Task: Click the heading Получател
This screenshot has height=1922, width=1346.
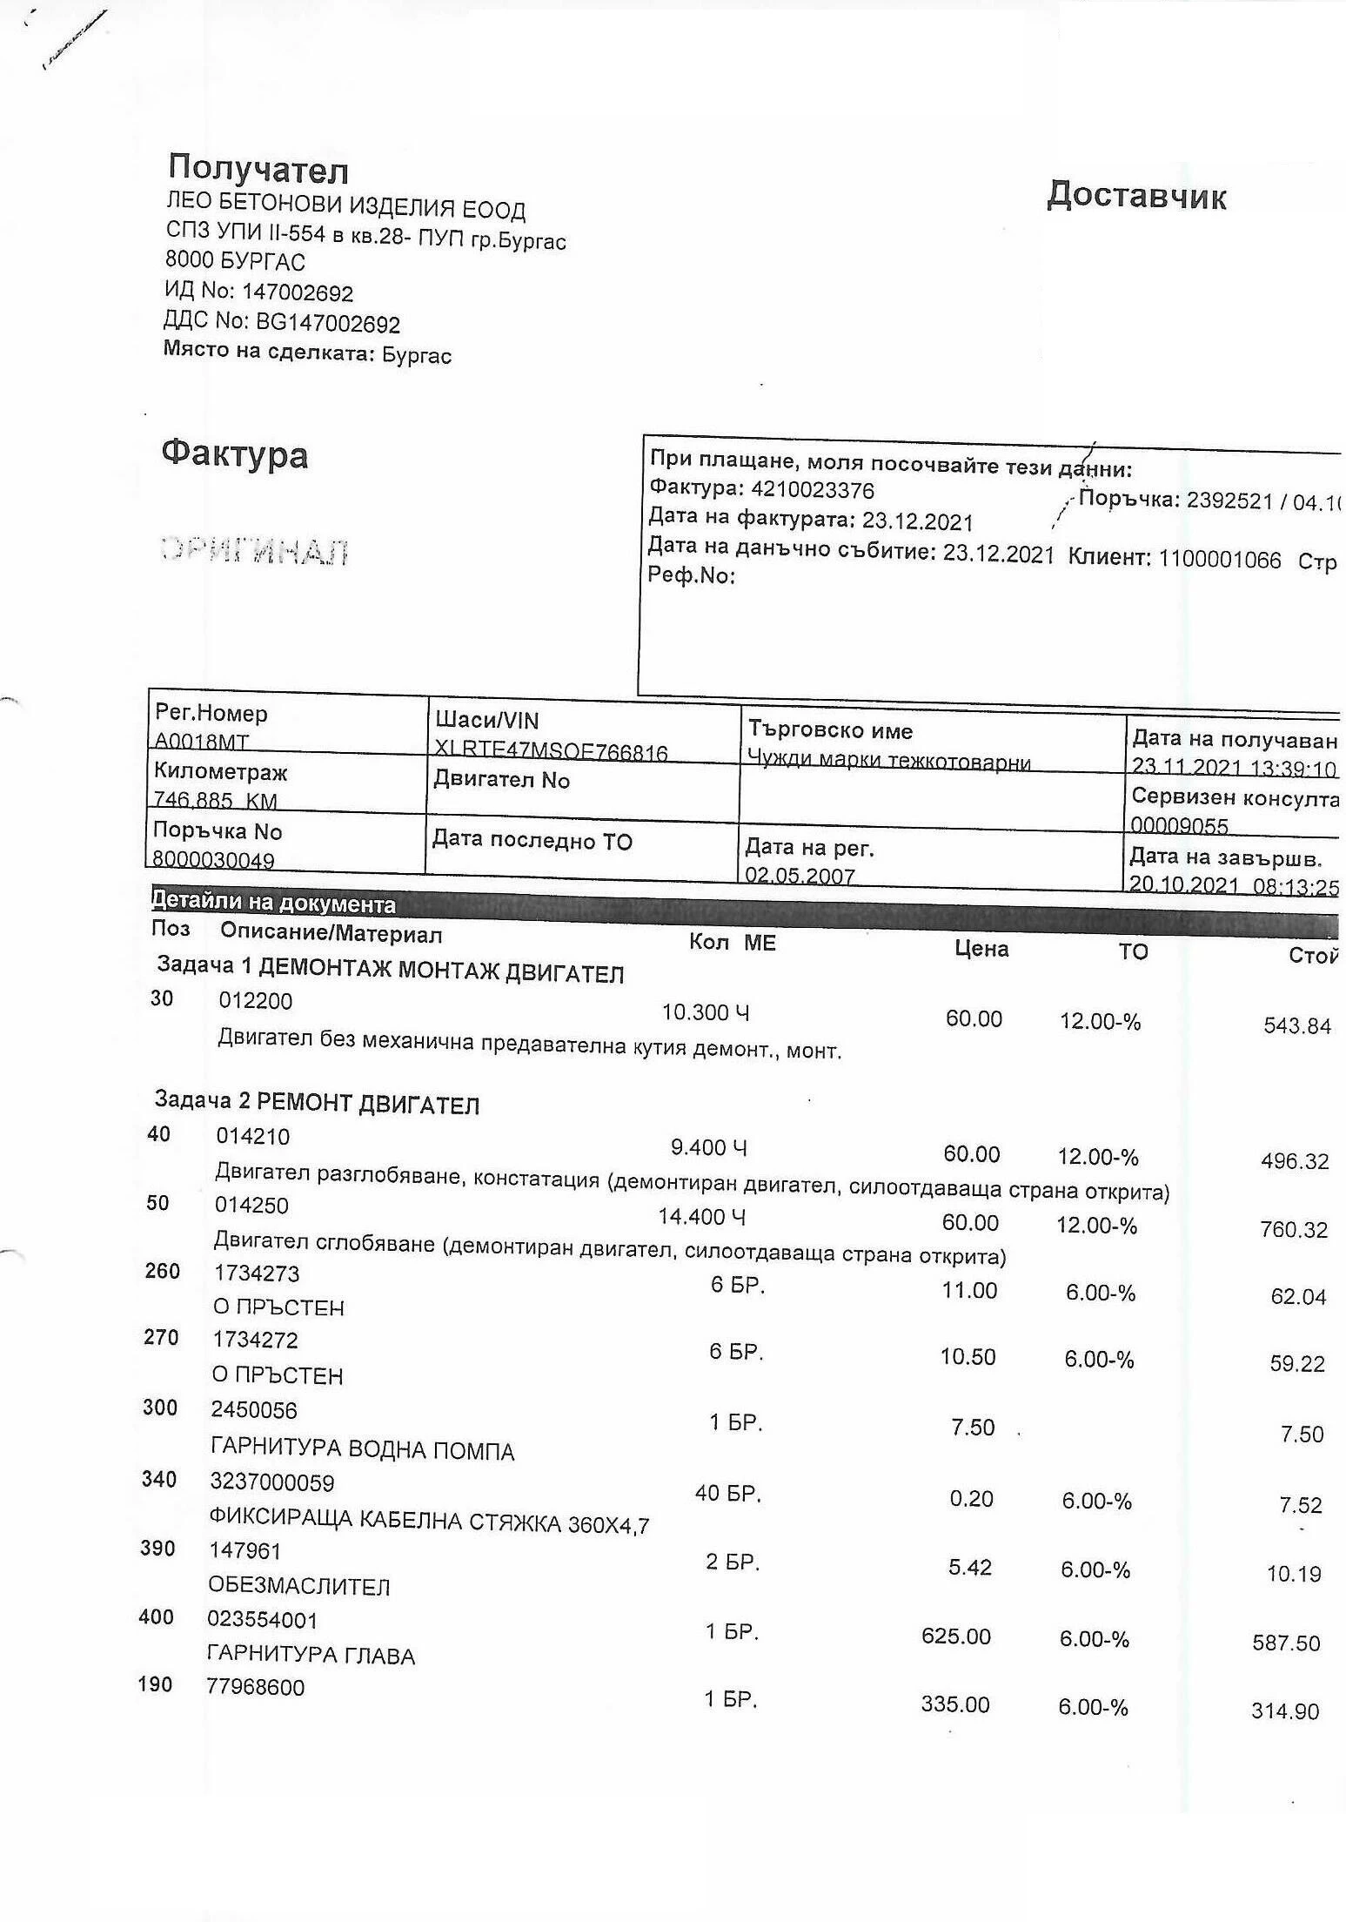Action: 258,169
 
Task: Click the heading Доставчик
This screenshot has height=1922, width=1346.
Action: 1136,196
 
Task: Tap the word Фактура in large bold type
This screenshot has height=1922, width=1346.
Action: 235,454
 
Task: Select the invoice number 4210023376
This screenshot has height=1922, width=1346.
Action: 812,490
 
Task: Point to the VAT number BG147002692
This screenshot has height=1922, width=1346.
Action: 327,324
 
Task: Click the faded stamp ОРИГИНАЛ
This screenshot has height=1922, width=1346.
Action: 255,551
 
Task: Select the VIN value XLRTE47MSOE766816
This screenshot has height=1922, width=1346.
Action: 552,752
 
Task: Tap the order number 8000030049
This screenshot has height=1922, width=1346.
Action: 214,860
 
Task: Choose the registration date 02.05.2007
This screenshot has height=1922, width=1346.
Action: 800,875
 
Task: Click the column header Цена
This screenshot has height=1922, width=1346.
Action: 981,949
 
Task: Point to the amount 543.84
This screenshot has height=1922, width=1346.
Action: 1297,1026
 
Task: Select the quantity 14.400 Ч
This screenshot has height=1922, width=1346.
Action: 701,1216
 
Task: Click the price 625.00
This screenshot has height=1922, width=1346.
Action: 956,1636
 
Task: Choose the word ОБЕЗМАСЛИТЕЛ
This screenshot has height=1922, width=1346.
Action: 299,1586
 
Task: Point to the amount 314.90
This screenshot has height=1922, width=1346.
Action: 1285,1711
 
